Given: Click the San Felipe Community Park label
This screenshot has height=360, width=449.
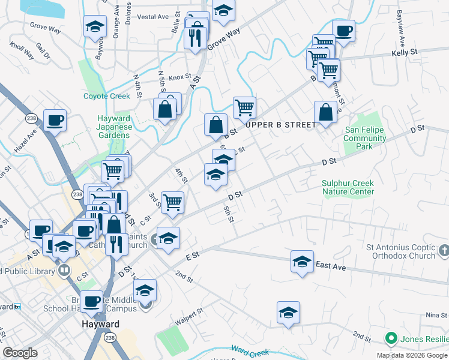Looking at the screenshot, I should (x=365, y=139).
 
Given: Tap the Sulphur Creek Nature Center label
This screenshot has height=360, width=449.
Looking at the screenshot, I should (x=348, y=187).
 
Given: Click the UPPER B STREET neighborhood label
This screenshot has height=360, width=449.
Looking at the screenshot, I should (x=280, y=125).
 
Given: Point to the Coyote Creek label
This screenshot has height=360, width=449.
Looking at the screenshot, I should (x=107, y=96).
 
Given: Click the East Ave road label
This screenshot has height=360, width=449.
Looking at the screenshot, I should (x=331, y=266).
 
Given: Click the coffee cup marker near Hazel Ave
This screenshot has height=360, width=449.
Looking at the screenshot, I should (x=55, y=120).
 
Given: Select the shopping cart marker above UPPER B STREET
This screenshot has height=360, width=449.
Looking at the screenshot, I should (x=244, y=108).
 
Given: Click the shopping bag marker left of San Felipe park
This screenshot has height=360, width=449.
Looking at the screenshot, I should (x=325, y=112).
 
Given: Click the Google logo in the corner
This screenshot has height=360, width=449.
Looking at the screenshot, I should (x=20, y=353).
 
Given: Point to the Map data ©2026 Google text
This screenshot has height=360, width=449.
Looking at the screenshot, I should (x=412, y=355).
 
